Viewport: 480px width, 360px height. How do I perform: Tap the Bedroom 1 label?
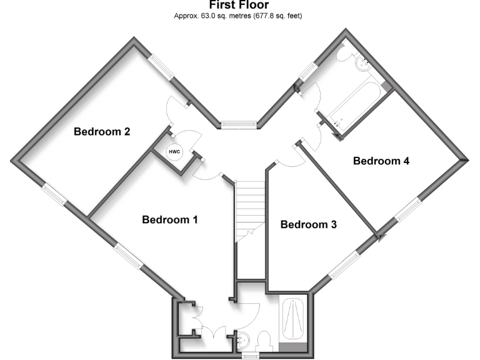[x=170, y=220]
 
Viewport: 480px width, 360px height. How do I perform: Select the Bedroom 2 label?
[x=102, y=132]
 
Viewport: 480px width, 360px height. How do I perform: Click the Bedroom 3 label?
[x=308, y=224]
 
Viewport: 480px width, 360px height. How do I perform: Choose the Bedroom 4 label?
[x=381, y=161]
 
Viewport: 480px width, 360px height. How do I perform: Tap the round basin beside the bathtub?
[x=361, y=62]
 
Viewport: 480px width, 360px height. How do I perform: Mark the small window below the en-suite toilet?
[x=251, y=356]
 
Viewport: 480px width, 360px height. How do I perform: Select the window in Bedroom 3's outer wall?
[x=342, y=266]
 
